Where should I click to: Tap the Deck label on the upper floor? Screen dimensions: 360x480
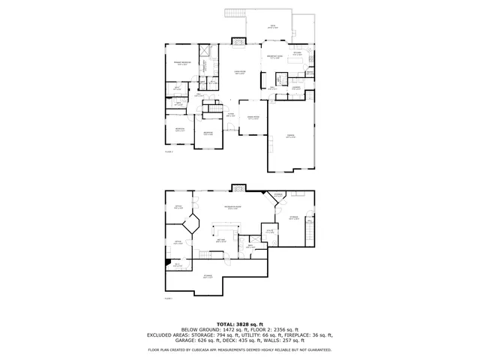point(273,26)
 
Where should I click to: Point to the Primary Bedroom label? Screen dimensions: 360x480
point(181,64)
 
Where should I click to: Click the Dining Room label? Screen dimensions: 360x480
point(253,118)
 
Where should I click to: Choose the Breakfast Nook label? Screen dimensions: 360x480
point(275,57)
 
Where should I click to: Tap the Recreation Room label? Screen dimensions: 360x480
point(232,208)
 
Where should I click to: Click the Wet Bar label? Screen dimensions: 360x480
point(221,241)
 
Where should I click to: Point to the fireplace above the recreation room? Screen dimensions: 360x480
point(238,187)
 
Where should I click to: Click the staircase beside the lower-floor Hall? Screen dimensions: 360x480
point(202,256)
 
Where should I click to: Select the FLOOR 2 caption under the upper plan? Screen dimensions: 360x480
point(169,151)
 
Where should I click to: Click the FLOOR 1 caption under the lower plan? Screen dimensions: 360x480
point(169,298)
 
